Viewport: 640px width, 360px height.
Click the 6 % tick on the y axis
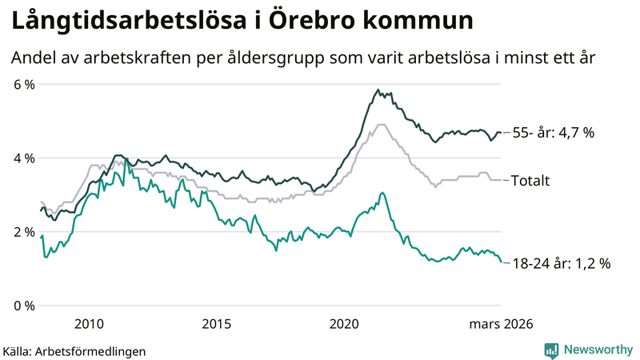click(23, 85)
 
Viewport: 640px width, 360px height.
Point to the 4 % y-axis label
click(23, 158)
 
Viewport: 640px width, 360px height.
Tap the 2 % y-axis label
click(23, 232)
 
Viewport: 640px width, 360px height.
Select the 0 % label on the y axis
click(23, 306)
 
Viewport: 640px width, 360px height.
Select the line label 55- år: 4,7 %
click(553, 133)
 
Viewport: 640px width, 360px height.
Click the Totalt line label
click(532, 180)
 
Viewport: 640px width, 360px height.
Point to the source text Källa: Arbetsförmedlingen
click(74, 350)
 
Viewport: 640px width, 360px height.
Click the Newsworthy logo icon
click(551, 350)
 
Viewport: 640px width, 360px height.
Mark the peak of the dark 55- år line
click(377, 90)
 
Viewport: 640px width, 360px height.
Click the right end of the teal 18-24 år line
click(502, 262)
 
